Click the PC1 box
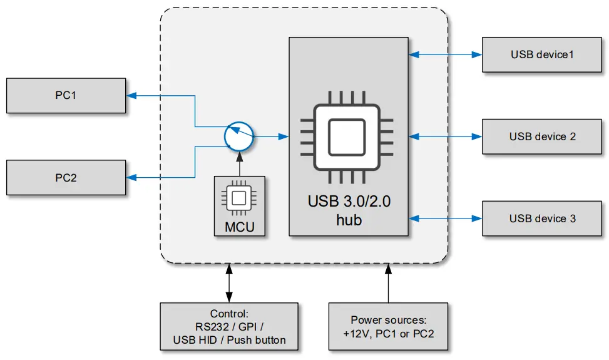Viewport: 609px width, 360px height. [x=66, y=96]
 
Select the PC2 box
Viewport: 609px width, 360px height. [x=66, y=177]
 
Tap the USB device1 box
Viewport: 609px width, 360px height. [x=542, y=54]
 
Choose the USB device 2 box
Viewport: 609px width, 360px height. [x=542, y=136]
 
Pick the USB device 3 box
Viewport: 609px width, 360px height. [x=542, y=219]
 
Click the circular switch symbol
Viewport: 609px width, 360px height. [x=238, y=136]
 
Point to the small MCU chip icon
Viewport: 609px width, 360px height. [x=238, y=198]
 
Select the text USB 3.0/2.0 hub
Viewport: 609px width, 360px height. [x=349, y=211]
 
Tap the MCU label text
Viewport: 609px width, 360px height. [x=239, y=226]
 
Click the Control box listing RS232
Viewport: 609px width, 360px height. [x=229, y=327]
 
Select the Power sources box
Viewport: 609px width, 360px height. [x=388, y=327]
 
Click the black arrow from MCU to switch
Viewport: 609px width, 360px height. [x=238, y=164]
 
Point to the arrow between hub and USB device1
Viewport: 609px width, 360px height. [x=445, y=54]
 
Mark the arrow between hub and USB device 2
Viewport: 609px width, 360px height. [x=445, y=136]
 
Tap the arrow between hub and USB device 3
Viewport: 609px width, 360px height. [x=445, y=219]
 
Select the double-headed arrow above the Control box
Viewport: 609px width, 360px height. [x=229, y=283]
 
